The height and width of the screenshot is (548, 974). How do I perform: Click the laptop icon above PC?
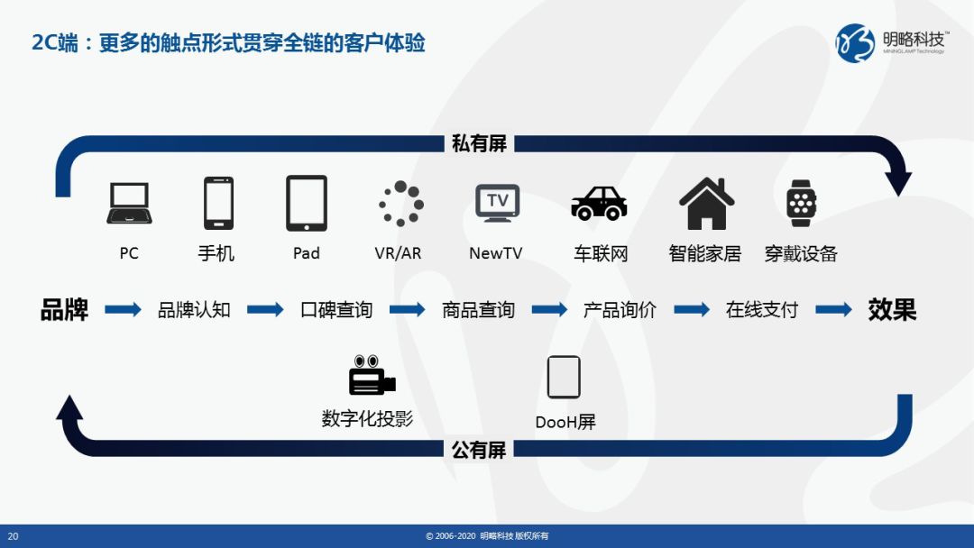pyautogui.click(x=129, y=203)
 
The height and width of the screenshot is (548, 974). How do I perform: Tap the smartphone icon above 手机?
pyautogui.click(x=218, y=203)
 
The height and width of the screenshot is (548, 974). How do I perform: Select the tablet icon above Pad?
pyautogui.click(x=307, y=203)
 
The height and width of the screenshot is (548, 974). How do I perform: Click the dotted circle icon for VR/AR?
pyautogui.click(x=401, y=203)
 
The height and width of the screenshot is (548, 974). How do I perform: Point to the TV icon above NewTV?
pyautogui.click(x=498, y=203)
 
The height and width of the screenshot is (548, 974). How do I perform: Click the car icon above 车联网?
pyautogui.click(x=599, y=203)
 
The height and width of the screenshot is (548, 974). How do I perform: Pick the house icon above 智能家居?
pyautogui.click(x=706, y=203)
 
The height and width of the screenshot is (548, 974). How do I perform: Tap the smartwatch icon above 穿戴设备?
pyautogui.click(x=802, y=203)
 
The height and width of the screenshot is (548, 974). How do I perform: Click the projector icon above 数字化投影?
pyautogui.click(x=372, y=375)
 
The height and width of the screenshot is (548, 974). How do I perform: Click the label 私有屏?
pyautogui.click(x=479, y=143)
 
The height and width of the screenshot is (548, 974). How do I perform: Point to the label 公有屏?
pyautogui.click(x=479, y=450)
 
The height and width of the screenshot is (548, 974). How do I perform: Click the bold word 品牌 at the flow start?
pyautogui.click(x=65, y=309)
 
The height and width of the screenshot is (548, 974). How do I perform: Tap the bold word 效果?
pyautogui.click(x=892, y=309)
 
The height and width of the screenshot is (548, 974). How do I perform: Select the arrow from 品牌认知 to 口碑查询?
pyautogui.click(x=265, y=309)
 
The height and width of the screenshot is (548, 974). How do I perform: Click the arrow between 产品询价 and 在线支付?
pyautogui.click(x=692, y=309)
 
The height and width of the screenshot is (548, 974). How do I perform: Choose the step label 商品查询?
pyautogui.click(x=478, y=309)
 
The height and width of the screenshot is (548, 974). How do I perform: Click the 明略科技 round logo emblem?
pyautogui.click(x=855, y=43)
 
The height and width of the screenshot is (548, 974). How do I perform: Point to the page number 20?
pyautogui.click(x=13, y=536)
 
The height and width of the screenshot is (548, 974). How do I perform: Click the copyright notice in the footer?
pyautogui.click(x=487, y=536)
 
